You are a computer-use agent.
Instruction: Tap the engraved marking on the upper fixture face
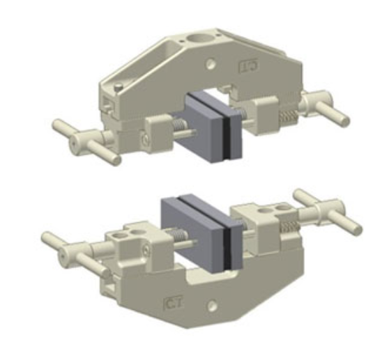coord(247,68)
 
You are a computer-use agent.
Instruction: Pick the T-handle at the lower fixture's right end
coord(328,208)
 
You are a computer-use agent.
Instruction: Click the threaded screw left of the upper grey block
coord(179,126)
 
